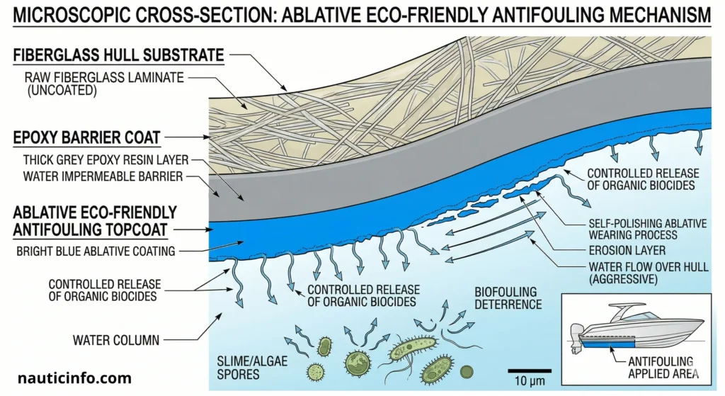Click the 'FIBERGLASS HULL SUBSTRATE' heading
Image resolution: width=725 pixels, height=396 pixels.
[118, 55]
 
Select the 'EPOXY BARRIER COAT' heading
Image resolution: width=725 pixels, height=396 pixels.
[86, 137]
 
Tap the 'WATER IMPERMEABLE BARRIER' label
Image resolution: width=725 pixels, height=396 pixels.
[103, 176]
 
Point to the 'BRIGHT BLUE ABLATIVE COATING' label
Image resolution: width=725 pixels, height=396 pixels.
[96, 251]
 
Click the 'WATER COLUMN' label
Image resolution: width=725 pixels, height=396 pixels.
[116, 341]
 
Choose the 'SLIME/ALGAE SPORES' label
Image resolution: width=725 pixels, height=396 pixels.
[252, 368]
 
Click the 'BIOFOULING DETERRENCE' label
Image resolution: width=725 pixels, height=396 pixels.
[508, 298]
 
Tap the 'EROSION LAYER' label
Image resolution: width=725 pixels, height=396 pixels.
[627, 250]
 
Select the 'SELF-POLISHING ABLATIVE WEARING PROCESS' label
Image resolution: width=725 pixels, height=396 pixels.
[647, 229]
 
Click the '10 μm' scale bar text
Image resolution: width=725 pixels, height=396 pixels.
[530, 382]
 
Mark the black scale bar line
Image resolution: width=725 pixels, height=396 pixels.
[530, 370]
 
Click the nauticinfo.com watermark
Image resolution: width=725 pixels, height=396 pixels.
[74, 378]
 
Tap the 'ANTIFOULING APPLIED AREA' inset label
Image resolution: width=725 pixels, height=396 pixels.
[663, 368]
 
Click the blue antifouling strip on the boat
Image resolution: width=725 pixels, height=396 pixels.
[608, 342]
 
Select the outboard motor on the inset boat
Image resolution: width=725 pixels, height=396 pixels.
[575, 339]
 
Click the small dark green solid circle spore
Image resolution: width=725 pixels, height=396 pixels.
[467, 371]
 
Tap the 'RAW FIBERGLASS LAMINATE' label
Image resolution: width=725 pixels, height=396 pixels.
[104, 77]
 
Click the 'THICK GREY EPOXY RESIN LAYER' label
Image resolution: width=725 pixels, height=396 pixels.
[106, 160]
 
